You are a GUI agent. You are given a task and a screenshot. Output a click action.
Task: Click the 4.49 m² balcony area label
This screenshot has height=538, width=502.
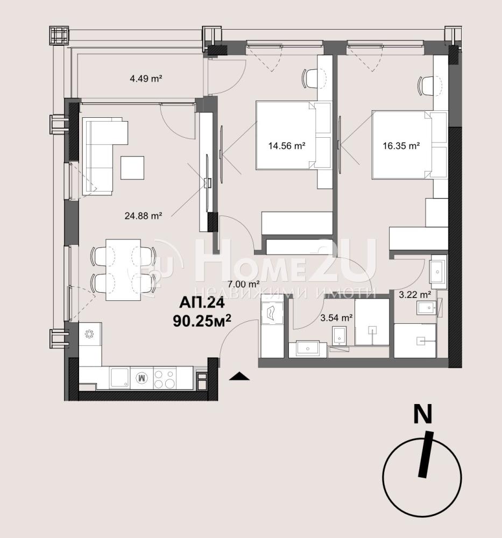coord(146,79)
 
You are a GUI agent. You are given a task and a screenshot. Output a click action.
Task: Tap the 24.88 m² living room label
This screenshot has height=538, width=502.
coord(143,216)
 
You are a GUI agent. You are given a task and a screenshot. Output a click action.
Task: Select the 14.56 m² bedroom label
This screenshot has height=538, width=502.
coord(287,146)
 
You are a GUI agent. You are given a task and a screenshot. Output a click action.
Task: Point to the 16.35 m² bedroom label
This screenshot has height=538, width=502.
coord(401,146)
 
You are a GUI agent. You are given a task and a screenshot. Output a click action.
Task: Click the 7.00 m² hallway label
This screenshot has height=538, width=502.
coord(244,284)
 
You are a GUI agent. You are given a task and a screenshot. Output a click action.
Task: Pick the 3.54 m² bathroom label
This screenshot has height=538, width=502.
coord(337,318)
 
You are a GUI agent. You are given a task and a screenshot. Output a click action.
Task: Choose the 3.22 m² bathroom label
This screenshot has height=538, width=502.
coord(415,294)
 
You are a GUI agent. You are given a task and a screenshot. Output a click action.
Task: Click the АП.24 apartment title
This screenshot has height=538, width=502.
coord(202,303)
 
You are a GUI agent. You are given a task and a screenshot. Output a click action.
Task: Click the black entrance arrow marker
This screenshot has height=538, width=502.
coord(239,377)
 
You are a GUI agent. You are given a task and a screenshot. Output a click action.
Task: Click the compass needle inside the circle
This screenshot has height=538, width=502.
coord(426,455)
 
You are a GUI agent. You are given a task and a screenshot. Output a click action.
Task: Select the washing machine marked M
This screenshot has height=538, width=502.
coord(142,378)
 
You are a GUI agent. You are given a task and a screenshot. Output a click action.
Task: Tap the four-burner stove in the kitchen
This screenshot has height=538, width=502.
coord(164,378)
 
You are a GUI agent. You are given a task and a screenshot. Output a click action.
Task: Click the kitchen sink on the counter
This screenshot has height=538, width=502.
coord(120,378)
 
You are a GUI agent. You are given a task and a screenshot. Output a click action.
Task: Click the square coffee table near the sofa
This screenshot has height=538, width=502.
coord(132,167)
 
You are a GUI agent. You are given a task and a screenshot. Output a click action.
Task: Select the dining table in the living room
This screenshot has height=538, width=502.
coord(123,270)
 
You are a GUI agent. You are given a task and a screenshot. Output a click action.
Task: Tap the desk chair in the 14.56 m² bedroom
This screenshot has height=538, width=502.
coord(310,79)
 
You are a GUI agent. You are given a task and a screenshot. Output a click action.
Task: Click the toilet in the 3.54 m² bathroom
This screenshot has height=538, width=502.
coord(340,336)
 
